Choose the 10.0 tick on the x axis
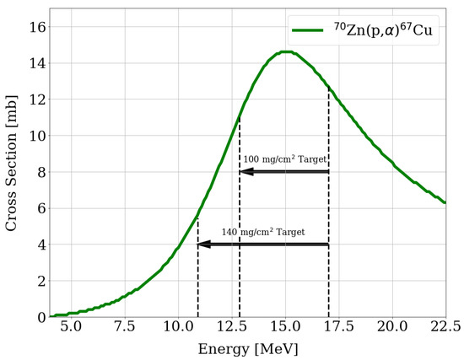(x=178, y=325)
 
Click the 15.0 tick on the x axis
(x=284, y=325)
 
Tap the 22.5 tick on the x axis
(x=445, y=325)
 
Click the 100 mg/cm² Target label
(x=284, y=159)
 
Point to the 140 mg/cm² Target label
(x=263, y=231)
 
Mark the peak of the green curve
(x=286, y=51)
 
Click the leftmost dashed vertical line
(x=197, y=270)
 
